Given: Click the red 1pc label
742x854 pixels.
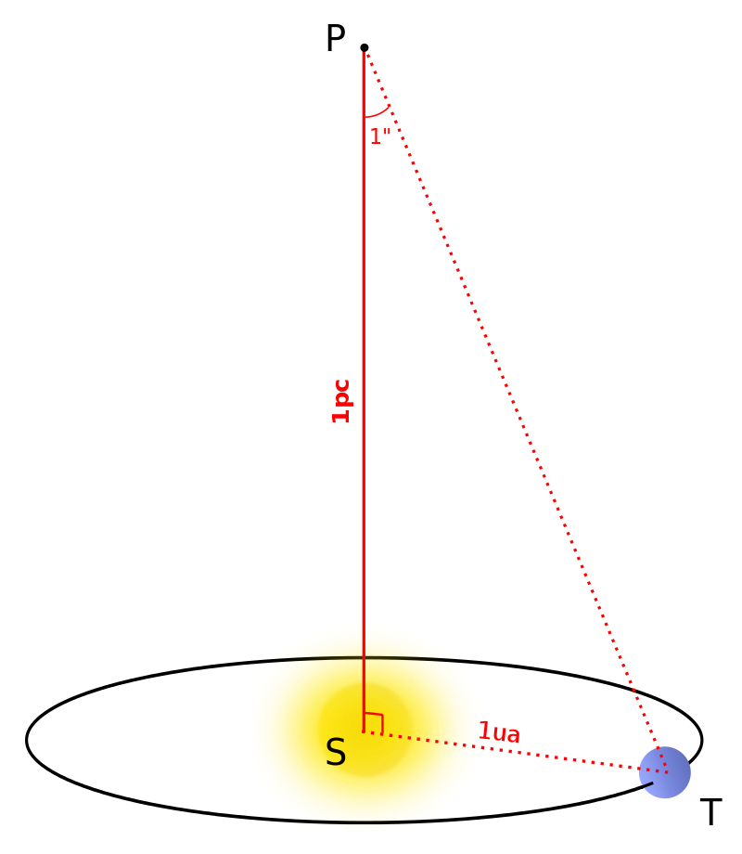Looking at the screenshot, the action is click(x=341, y=401).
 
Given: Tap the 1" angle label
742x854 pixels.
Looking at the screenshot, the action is click(x=380, y=137).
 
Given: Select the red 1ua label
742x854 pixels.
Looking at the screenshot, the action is click(x=499, y=733).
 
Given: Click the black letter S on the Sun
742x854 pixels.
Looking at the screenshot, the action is click(x=335, y=753).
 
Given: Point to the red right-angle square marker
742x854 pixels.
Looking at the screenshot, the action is click(x=373, y=722).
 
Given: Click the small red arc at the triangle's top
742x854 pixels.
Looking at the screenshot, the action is click(x=377, y=113).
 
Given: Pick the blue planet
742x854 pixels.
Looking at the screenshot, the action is click(x=665, y=772).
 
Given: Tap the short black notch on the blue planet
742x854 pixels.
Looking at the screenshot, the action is click(x=646, y=785).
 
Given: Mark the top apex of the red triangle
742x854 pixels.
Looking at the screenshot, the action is click(x=365, y=54).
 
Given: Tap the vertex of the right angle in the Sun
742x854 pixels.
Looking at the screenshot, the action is click(x=364, y=731).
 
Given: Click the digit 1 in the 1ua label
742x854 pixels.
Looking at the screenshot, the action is click(x=484, y=731).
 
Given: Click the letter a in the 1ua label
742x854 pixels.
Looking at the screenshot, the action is click(x=512, y=735).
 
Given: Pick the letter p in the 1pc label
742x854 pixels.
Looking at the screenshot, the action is click(x=342, y=401).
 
